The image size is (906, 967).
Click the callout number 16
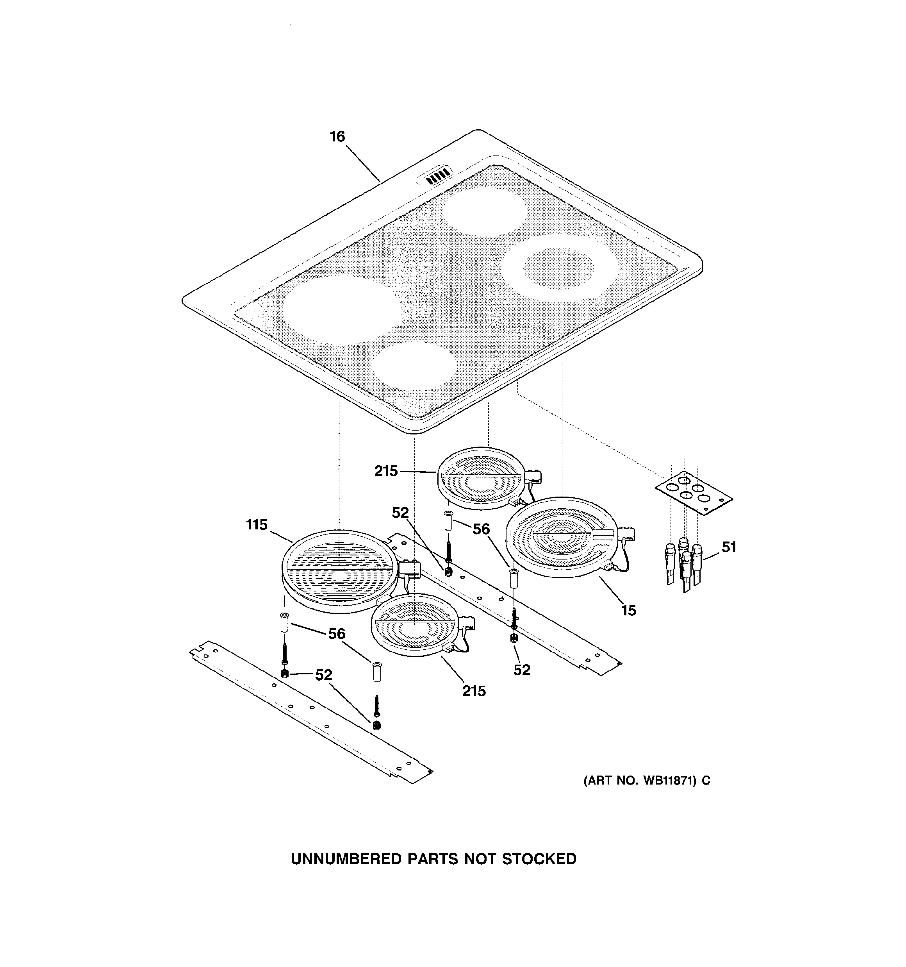tap(337, 137)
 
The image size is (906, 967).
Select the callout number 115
tap(257, 525)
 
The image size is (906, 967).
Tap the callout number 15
tap(628, 610)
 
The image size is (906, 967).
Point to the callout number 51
tap(728, 547)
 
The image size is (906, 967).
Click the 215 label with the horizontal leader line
tap(386, 471)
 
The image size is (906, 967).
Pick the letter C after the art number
tap(706, 781)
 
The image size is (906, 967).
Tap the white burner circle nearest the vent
tap(485, 212)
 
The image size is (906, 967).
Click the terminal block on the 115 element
tap(410, 569)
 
